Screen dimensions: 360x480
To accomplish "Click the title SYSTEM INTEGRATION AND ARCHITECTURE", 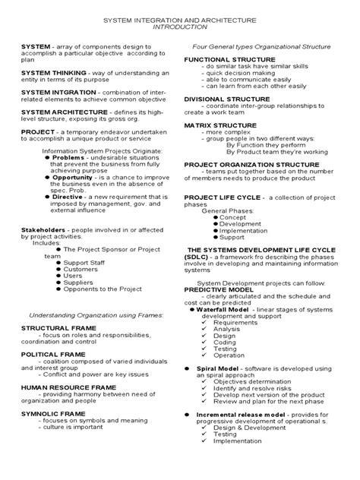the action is tap(179, 17).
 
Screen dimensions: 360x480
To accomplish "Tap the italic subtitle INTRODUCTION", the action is tap(179, 26).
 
